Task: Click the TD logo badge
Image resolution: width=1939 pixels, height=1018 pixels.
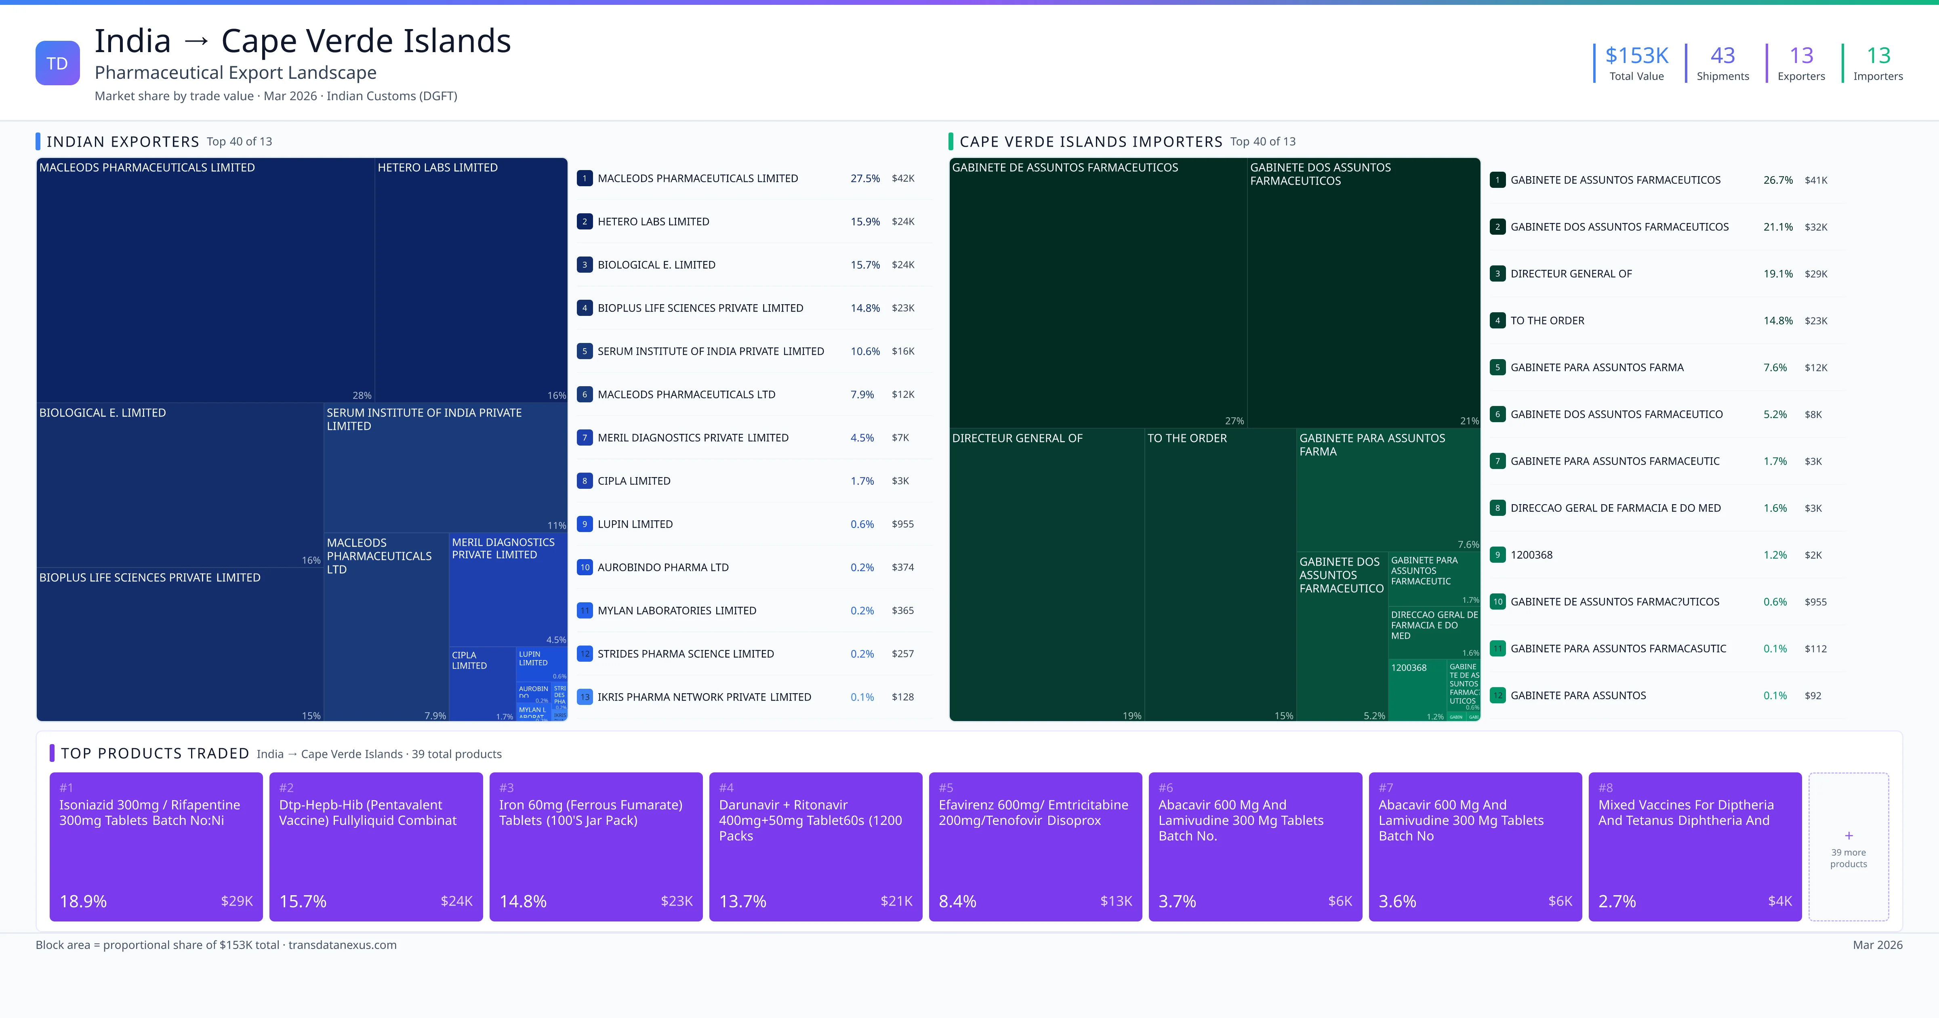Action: pyautogui.click(x=57, y=63)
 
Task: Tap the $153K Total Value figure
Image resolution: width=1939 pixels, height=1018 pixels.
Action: pyautogui.click(x=1636, y=56)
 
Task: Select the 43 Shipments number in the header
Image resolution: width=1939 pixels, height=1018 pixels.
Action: pyautogui.click(x=1722, y=56)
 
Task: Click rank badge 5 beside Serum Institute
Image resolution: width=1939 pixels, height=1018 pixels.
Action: pyautogui.click(x=584, y=351)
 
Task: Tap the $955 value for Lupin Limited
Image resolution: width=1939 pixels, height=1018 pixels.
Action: pyautogui.click(x=902, y=524)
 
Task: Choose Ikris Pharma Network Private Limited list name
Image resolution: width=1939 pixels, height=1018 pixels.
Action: pyautogui.click(x=704, y=697)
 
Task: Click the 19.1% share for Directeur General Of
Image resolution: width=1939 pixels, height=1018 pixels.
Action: pyautogui.click(x=1777, y=274)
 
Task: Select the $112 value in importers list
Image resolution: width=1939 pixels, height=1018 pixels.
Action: pyautogui.click(x=1815, y=649)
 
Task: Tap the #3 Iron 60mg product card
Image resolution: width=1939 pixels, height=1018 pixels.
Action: pyautogui.click(x=595, y=846)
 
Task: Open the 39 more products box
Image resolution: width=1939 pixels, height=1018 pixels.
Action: pyautogui.click(x=1848, y=846)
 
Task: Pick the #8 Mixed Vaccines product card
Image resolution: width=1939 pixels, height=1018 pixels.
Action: pyautogui.click(x=1694, y=846)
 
